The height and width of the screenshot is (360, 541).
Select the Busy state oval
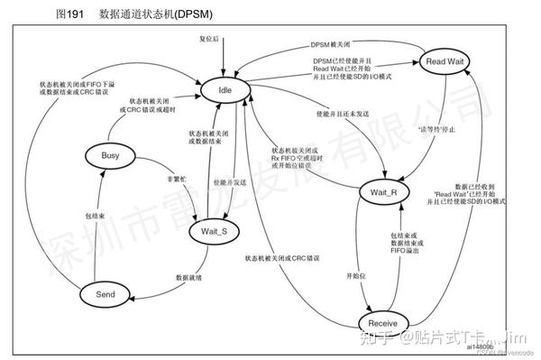pyautogui.click(x=110, y=156)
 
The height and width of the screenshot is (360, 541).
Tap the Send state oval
pyautogui.click(x=106, y=292)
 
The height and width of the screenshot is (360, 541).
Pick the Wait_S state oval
pyautogui.click(x=214, y=232)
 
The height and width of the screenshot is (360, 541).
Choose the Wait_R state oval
pyautogui.click(x=384, y=193)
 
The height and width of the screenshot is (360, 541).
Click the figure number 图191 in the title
pyautogui.click(x=70, y=15)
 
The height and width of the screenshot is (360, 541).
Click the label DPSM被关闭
pyautogui.click(x=330, y=43)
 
